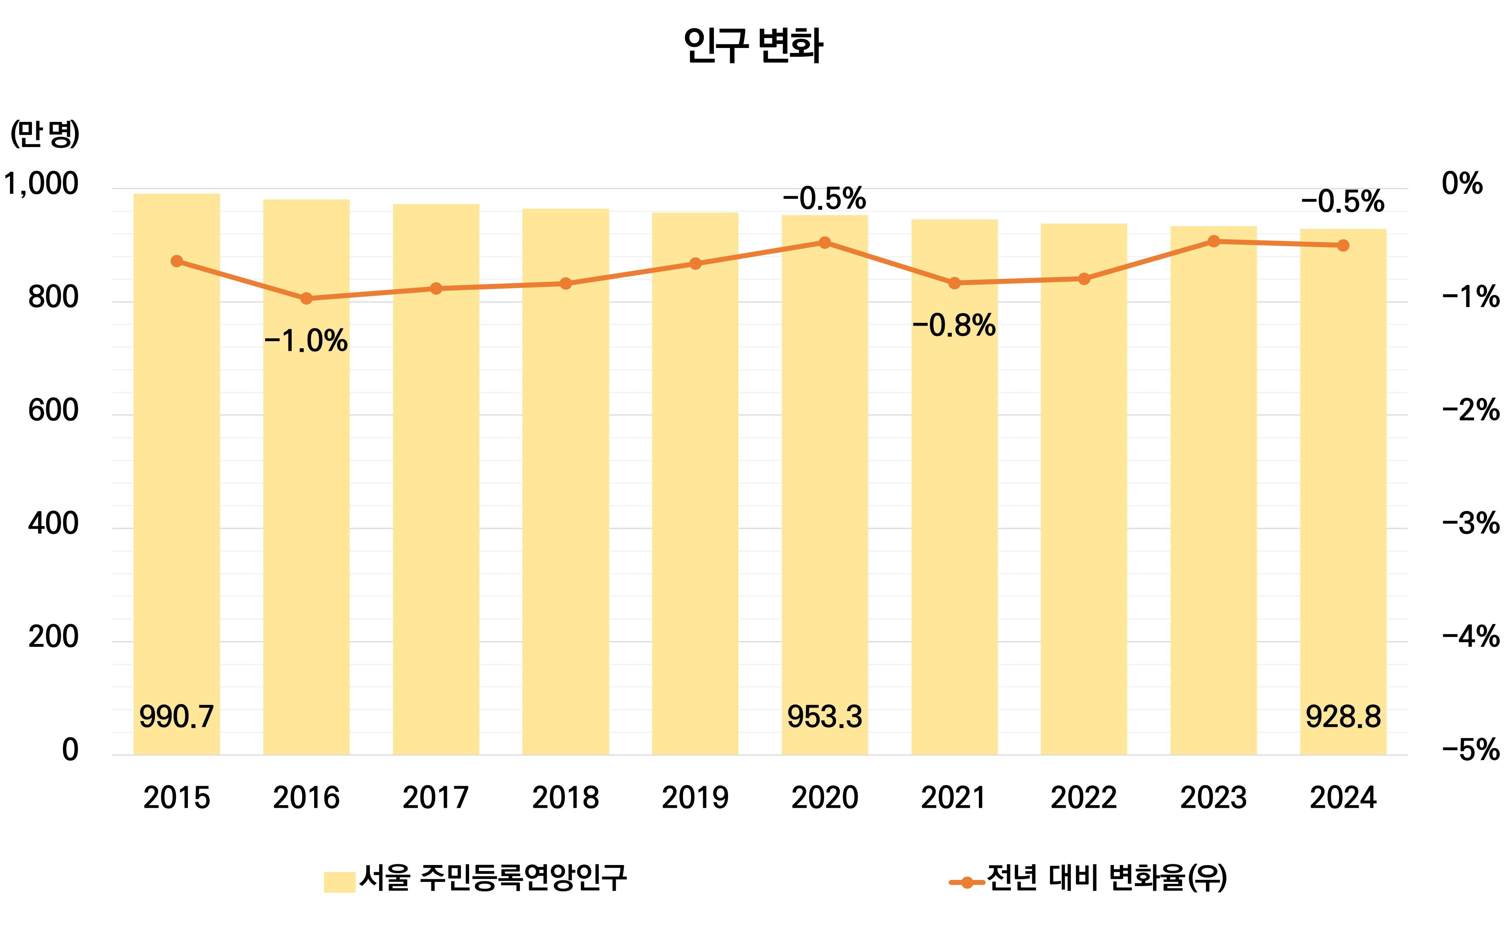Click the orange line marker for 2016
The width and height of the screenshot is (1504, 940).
point(306,299)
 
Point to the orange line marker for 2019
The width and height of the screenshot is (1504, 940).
point(695,264)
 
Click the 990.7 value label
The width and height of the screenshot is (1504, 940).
point(177,717)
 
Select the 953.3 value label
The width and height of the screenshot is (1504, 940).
point(825,717)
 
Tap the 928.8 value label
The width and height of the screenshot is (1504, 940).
point(1343,717)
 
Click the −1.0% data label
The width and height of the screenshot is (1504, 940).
point(306,341)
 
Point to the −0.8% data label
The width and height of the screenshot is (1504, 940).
point(954,325)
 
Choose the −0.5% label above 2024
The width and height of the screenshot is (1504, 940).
point(1342,202)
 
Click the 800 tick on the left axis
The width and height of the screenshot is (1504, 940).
point(53,297)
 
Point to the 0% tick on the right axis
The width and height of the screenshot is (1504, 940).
point(1462,184)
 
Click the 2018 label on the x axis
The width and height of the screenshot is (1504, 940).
point(566,797)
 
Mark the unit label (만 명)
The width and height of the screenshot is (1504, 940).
point(45,134)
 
